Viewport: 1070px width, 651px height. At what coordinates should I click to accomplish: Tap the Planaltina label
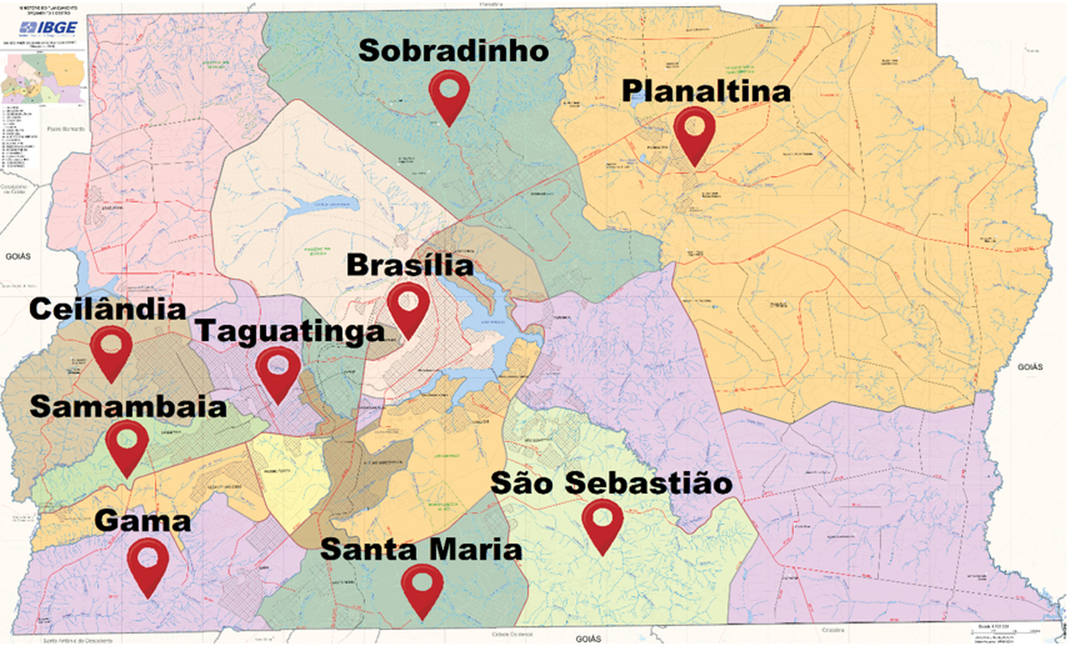click(706, 90)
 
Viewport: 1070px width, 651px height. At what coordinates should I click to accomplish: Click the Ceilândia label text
click(108, 309)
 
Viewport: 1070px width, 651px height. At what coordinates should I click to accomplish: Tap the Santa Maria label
click(421, 549)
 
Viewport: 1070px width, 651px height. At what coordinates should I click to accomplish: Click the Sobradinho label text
click(454, 52)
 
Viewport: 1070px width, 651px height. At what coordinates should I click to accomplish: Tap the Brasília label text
click(409, 267)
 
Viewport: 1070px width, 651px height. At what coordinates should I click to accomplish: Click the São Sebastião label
click(612, 483)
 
